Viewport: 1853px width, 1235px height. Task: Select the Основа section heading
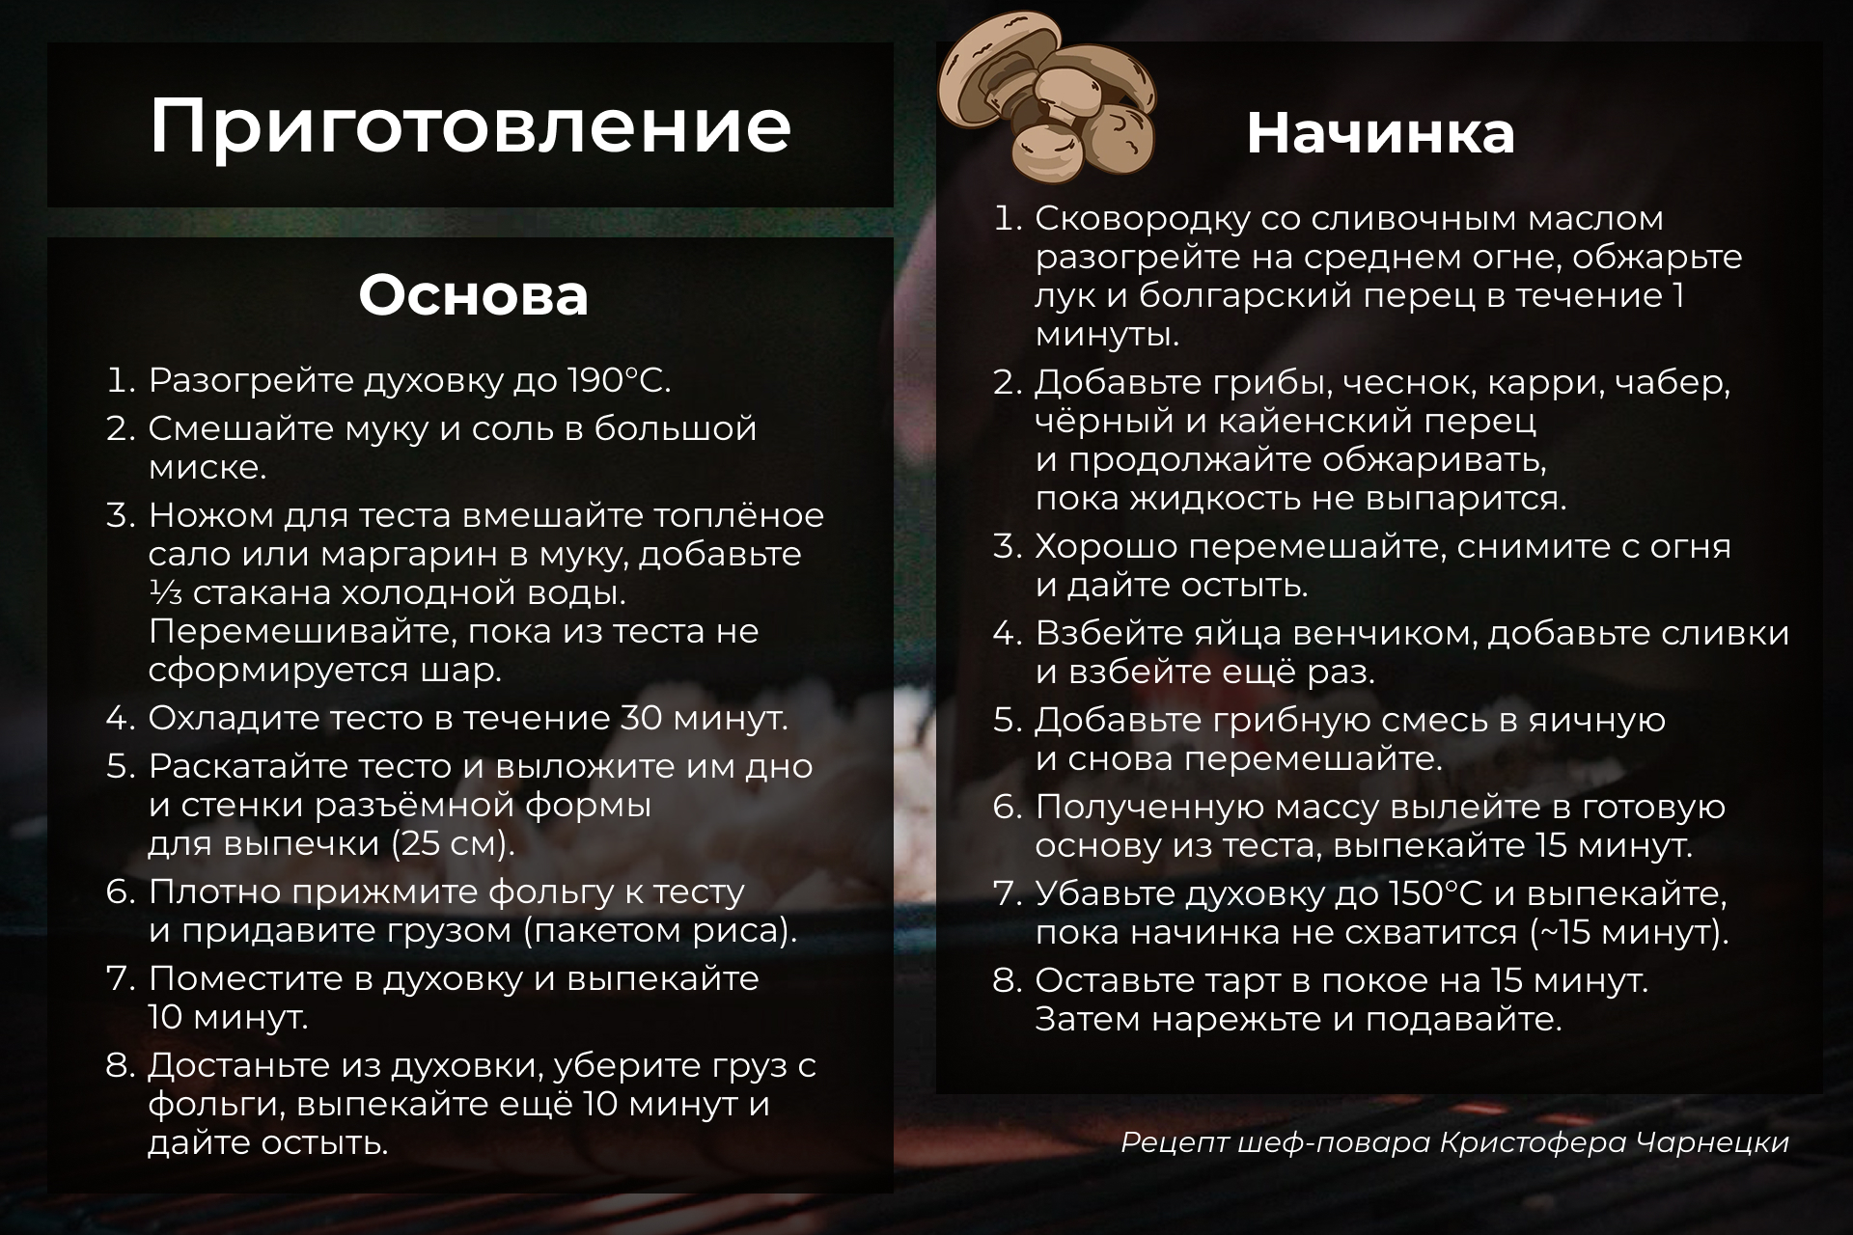tap(473, 295)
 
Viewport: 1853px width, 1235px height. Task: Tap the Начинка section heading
tap(1380, 133)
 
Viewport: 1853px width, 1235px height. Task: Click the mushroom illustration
tap(1048, 96)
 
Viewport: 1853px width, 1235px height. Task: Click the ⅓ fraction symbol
tap(165, 593)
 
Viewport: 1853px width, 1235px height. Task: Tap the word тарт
tap(1227, 981)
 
